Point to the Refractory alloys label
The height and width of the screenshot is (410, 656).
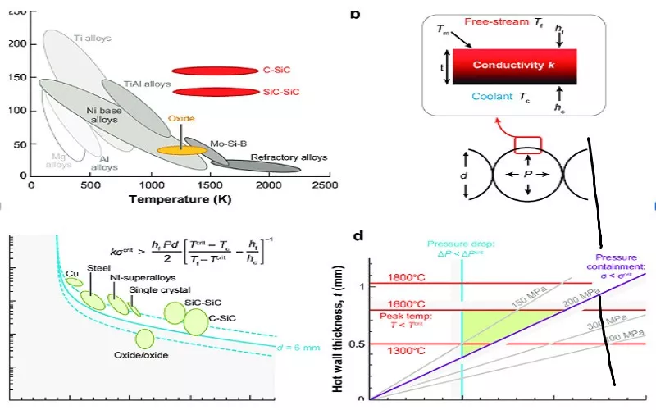(289, 157)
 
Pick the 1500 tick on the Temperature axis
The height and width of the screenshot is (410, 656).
(209, 186)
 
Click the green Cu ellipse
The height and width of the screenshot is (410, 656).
(74, 282)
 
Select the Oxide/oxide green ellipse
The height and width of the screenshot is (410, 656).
(144, 339)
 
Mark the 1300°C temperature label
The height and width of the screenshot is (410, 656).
(402, 351)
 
